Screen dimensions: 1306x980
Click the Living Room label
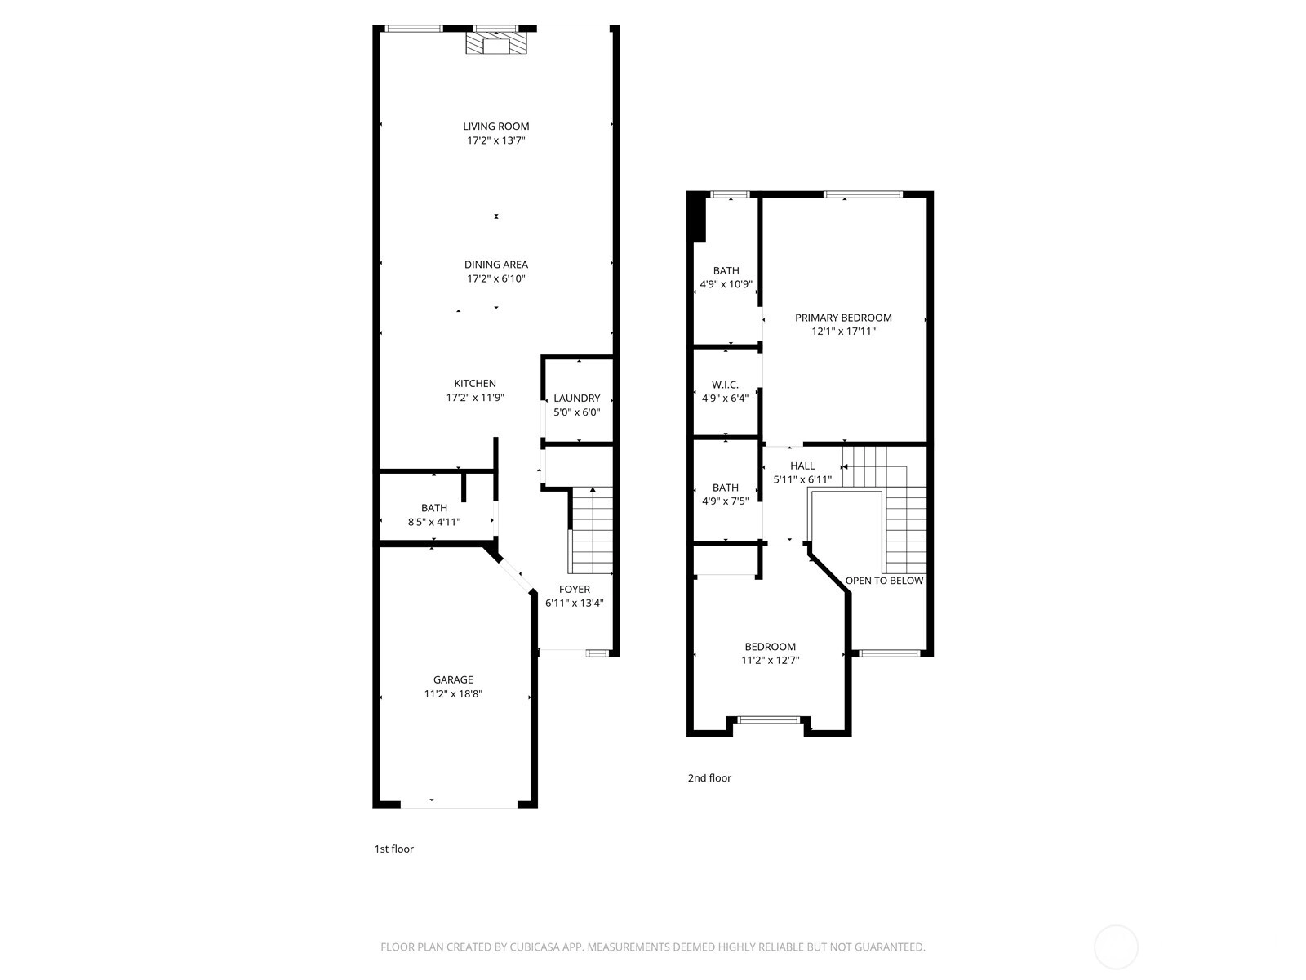pos(495,126)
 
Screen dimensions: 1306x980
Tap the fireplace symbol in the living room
pos(495,43)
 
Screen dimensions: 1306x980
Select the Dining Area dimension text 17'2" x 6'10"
pos(495,278)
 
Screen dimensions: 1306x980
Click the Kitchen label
pos(475,384)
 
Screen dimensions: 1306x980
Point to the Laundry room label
pos(576,398)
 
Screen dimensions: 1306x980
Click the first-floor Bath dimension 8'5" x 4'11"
pos(433,522)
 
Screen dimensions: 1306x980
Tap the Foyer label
pos(574,589)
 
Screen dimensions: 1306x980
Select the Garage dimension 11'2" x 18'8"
pos(453,693)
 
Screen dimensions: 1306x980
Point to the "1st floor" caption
pos(393,849)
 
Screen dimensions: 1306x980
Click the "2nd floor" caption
pos(709,777)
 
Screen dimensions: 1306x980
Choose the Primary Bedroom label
pos(843,318)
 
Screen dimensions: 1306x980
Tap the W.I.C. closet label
pos(725,385)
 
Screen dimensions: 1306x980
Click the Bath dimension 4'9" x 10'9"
pos(726,284)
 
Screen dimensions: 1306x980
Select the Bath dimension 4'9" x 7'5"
pos(726,501)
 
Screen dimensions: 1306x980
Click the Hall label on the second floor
pos(802,465)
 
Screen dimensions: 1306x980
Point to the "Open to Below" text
pos(884,581)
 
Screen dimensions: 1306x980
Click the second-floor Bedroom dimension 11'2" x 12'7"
pos(770,660)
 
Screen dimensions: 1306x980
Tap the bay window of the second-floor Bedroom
pos(768,720)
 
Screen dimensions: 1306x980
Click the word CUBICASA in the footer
pos(535,947)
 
